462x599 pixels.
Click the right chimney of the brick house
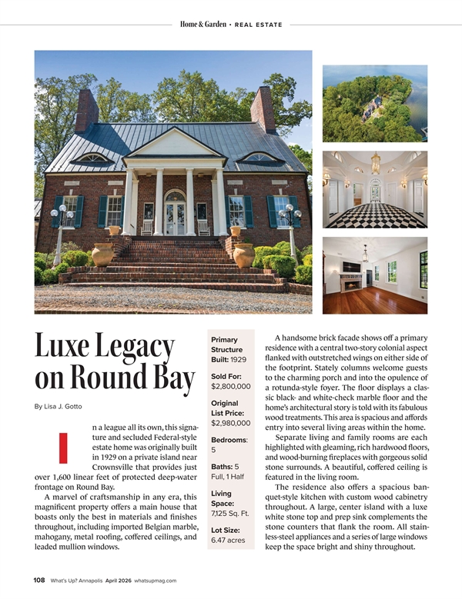pyautogui.click(x=264, y=109)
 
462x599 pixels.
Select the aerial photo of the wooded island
pyautogui.click(x=375, y=103)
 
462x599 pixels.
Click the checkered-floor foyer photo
pyautogui.click(x=375, y=189)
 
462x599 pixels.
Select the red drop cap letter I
pyautogui.click(x=63, y=448)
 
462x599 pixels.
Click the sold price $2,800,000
pyautogui.click(x=231, y=386)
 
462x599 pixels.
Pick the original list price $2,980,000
pyautogui.click(x=231, y=423)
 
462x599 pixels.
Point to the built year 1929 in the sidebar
pyautogui.click(x=238, y=360)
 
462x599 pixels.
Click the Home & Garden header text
pyautogui.click(x=203, y=25)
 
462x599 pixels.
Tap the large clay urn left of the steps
pyautogui.click(x=102, y=254)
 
